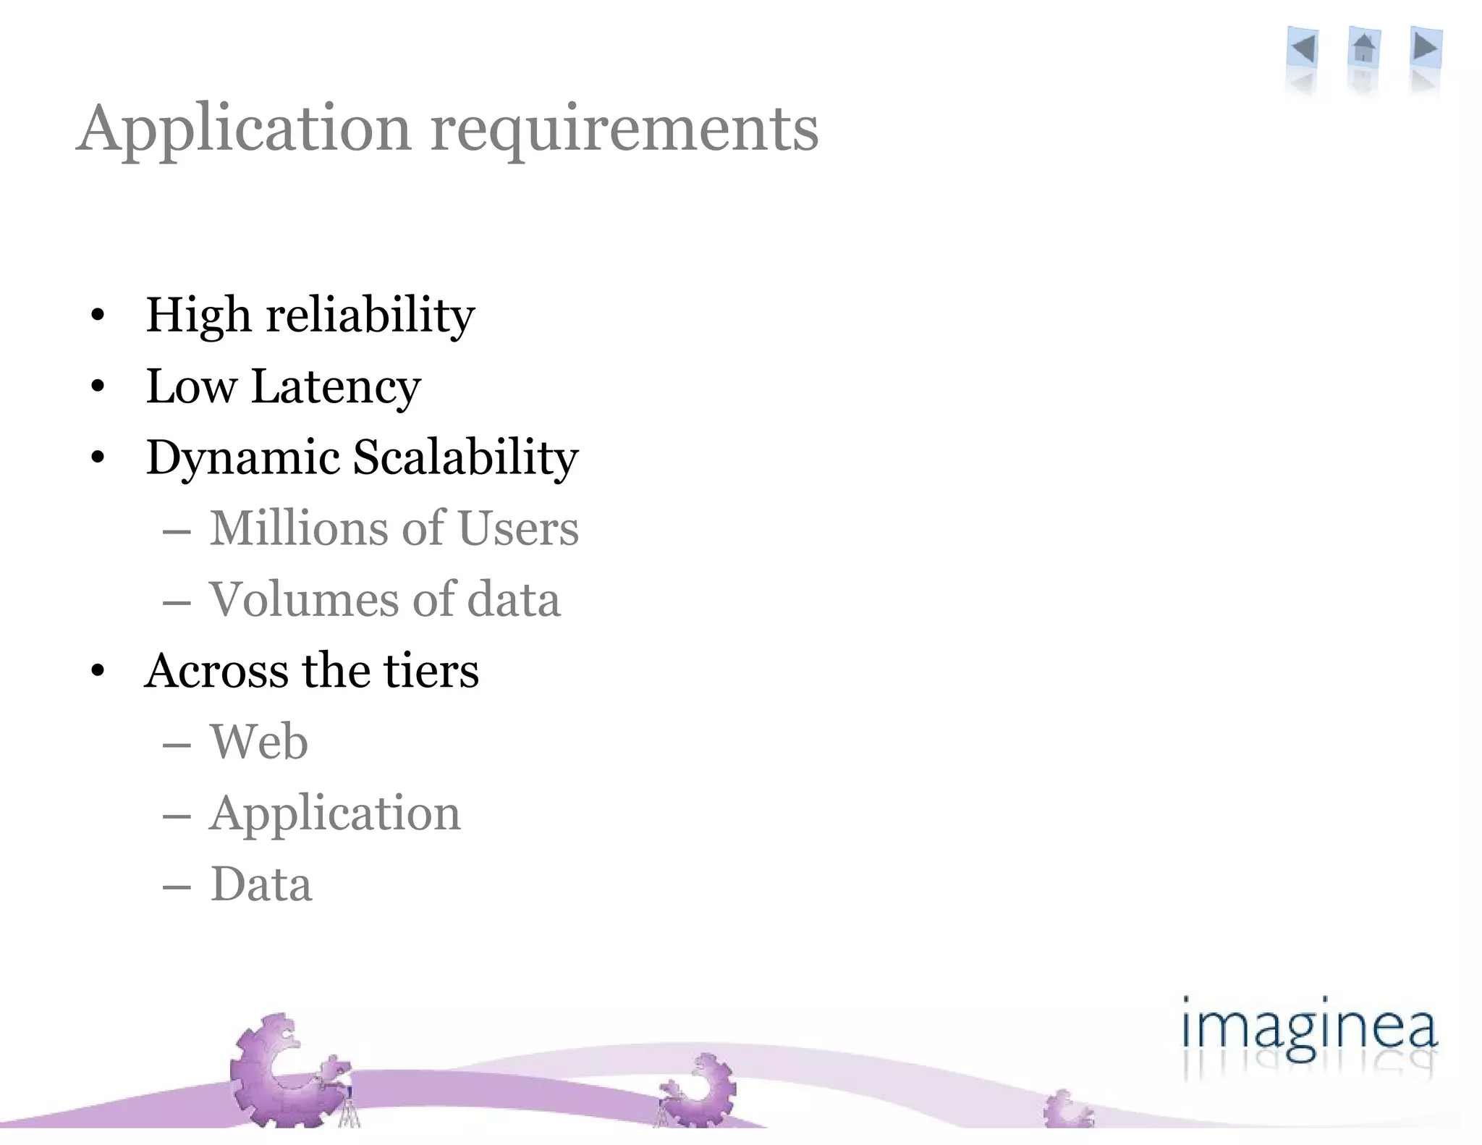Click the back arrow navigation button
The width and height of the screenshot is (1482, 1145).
1303,49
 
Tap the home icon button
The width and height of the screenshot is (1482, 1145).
1364,49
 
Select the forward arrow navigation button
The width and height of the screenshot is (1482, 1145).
1426,48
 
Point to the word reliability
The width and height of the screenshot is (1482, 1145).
370,316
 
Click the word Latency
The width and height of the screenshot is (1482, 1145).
336,387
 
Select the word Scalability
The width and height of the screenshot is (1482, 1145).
466,458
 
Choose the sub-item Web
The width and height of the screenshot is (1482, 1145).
259,742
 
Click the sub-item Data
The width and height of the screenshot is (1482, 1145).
261,884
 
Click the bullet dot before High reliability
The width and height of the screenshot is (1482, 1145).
98,316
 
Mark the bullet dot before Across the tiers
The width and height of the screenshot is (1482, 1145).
98,671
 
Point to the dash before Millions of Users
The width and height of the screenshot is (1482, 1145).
177,532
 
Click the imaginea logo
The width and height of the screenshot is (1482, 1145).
1308,1031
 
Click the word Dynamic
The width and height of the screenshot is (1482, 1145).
243,458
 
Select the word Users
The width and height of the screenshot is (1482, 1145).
518,528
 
